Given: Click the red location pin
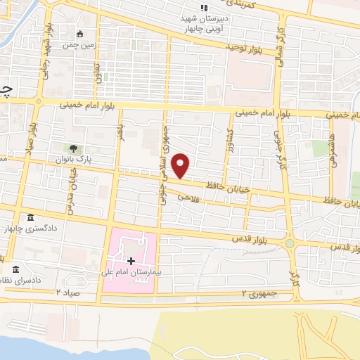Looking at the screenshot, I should [181, 165].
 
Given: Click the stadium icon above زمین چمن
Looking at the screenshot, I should [79, 32].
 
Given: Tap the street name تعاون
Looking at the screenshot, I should [99, 72].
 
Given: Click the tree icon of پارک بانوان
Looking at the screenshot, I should [73, 148].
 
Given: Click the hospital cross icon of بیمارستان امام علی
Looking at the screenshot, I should [131, 261].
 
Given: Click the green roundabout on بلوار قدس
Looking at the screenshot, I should [289, 243].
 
